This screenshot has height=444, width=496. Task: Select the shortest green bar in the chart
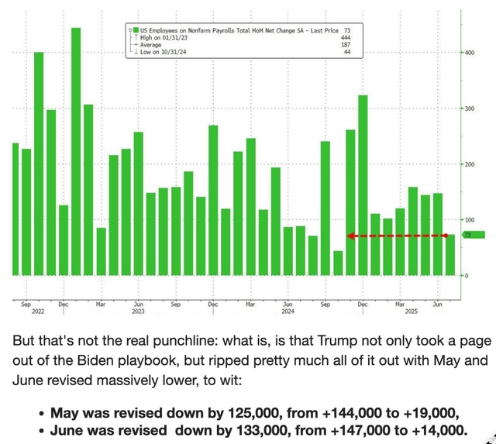(x=338, y=263)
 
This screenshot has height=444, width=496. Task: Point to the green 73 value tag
(x=474, y=235)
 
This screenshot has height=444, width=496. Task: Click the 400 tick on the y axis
(x=469, y=53)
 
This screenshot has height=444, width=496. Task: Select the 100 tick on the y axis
(x=469, y=220)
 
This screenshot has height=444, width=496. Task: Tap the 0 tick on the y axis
(x=467, y=276)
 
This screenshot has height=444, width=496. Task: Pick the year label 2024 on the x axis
(x=287, y=312)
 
